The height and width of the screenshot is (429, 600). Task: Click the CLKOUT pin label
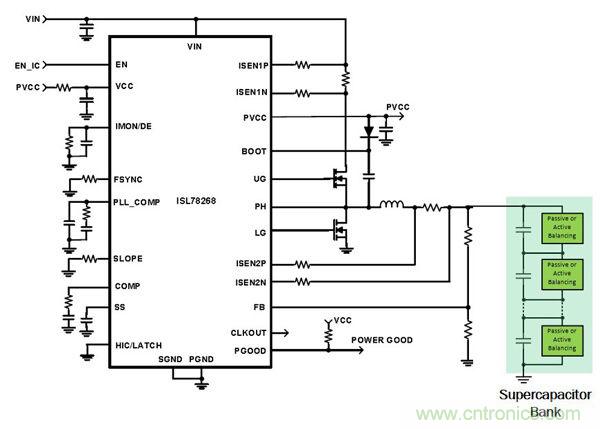(x=251, y=331)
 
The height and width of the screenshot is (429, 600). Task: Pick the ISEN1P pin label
(x=251, y=66)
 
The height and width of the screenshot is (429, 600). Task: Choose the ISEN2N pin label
(x=251, y=283)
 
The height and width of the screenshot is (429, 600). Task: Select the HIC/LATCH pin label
(x=139, y=345)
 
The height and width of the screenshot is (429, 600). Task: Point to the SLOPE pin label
(x=129, y=259)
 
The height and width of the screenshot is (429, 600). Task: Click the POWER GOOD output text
(x=381, y=340)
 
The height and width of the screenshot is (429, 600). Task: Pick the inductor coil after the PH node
(x=391, y=206)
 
